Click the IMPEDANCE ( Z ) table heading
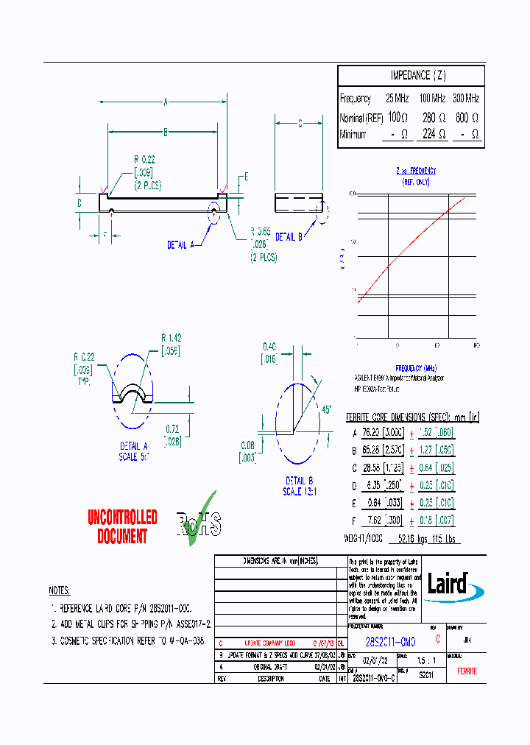(417, 76)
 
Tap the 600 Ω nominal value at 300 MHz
(467, 117)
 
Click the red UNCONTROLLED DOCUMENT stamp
(122, 526)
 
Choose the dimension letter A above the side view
(166, 102)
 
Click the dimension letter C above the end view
(300, 124)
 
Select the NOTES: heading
(60, 591)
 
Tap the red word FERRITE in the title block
(467, 671)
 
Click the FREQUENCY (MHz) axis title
(416, 367)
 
